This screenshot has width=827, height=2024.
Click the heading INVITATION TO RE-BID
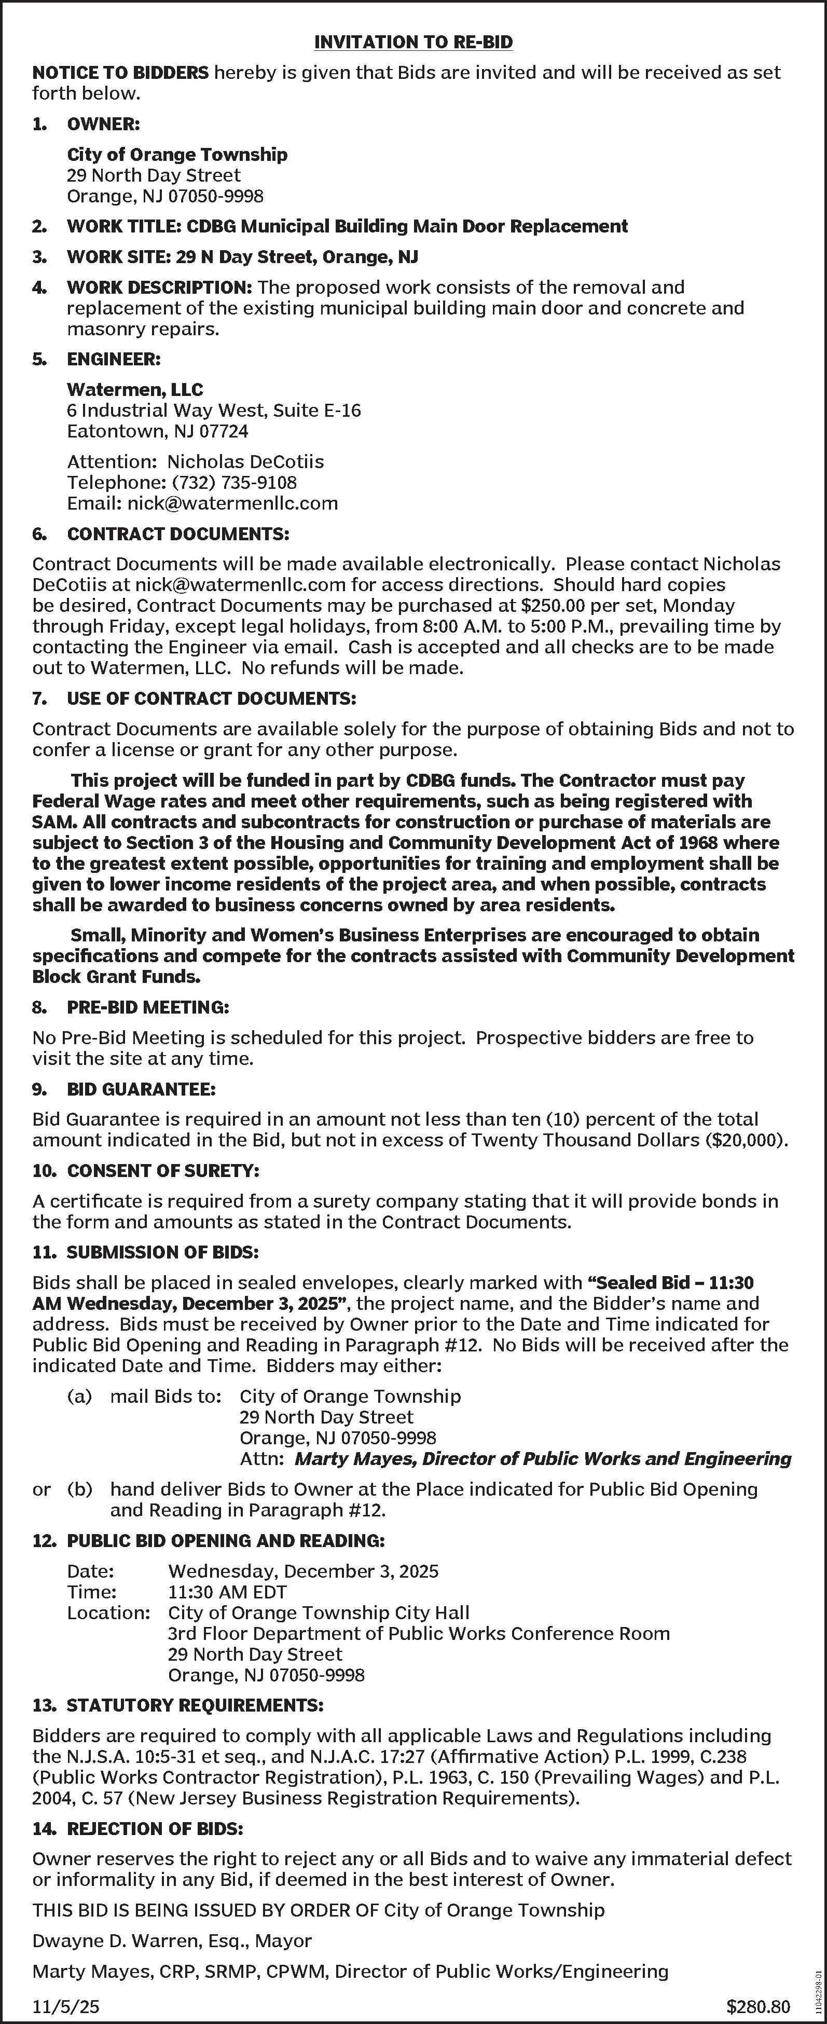[413, 43]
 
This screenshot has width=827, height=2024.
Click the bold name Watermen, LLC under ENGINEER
[134, 390]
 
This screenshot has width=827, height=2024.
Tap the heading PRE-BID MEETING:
[148, 1007]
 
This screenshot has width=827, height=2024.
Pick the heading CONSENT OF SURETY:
[162, 1171]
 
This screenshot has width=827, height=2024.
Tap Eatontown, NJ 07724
[157, 431]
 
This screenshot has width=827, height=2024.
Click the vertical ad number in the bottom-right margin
[818, 1983]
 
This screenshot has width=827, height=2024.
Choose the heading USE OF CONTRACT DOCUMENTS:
[211, 699]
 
